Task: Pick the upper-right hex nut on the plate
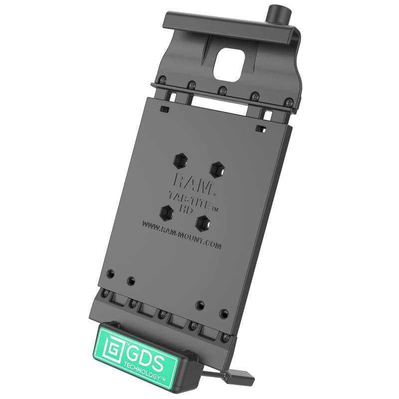[216, 169]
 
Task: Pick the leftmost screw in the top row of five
[163, 79]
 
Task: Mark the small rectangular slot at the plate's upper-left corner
[164, 108]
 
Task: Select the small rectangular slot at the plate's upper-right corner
[259, 129]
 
